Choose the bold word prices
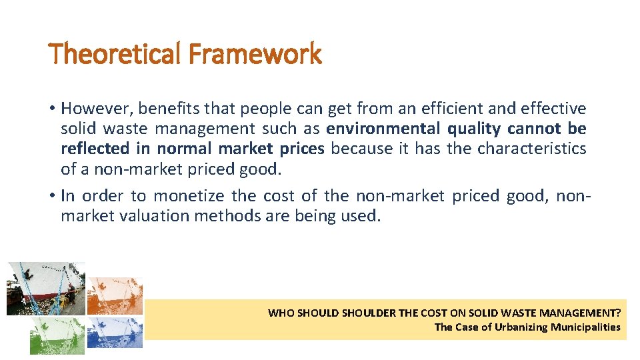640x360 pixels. (x=299, y=148)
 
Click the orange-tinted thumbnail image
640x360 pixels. (x=115, y=295)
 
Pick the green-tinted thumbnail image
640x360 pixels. (x=57, y=335)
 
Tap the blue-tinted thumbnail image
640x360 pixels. (x=115, y=332)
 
